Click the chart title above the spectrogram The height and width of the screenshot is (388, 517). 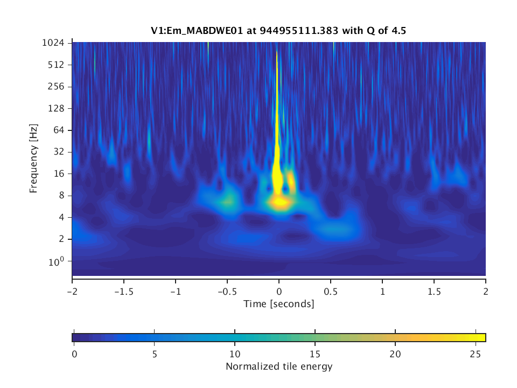coord(278,31)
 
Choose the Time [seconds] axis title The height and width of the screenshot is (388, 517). coord(279,304)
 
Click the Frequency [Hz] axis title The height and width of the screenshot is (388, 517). coord(34,160)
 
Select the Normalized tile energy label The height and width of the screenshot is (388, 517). coord(279,367)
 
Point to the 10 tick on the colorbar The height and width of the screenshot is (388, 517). coord(234,354)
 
